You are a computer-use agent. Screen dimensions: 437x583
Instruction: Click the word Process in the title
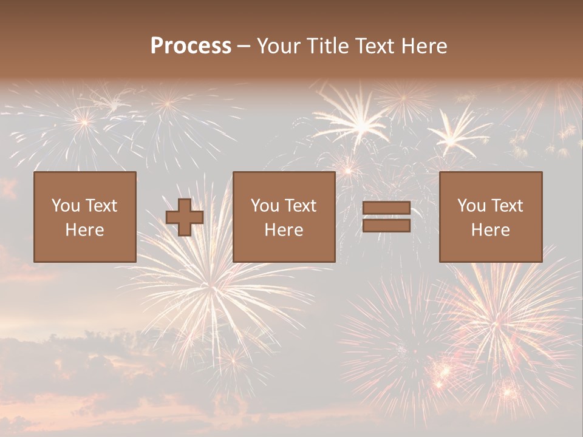[191, 46]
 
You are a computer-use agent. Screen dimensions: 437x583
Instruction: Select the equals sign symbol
[386, 217]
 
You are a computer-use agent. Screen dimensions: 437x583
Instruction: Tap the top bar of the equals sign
[386, 208]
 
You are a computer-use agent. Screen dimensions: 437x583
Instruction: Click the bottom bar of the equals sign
[386, 225]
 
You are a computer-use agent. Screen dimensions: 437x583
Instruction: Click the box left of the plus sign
[85, 217]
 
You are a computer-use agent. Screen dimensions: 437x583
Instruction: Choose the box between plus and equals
[284, 217]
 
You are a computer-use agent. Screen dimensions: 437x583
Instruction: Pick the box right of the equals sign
[491, 217]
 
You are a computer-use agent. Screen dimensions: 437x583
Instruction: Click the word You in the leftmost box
[66, 206]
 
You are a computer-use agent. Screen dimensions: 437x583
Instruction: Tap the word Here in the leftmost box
[85, 230]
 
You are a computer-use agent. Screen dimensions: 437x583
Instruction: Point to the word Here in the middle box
[284, 230]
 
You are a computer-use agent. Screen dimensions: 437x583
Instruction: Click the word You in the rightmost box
[471, 206]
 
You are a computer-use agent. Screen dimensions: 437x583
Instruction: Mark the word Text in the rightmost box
[507, 206]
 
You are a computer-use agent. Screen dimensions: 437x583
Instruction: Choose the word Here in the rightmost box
[491, 230]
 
